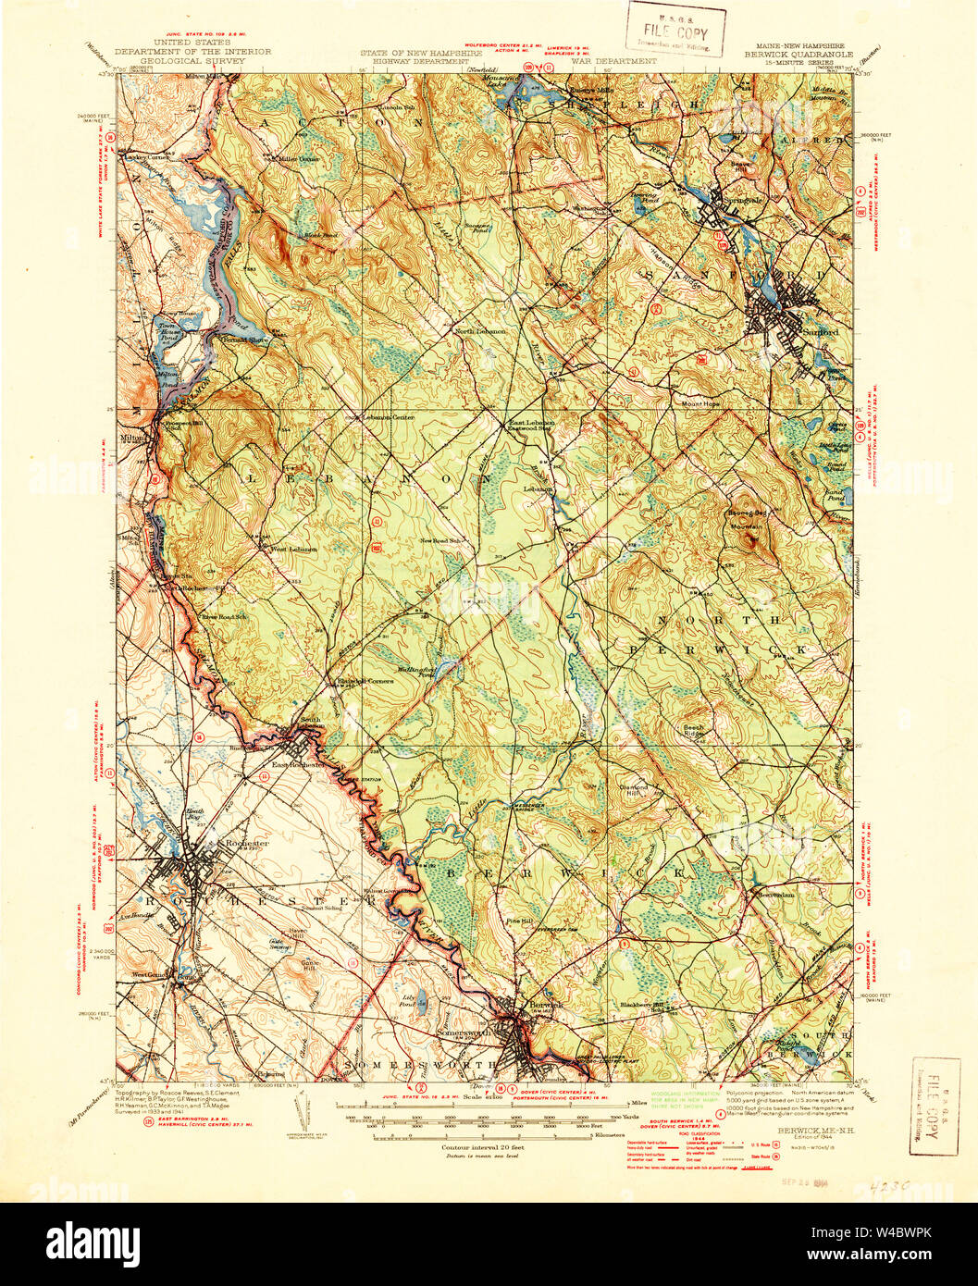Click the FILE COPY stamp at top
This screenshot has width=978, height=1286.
tap(675, 28)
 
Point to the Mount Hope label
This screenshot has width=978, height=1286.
tap(700, 403)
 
